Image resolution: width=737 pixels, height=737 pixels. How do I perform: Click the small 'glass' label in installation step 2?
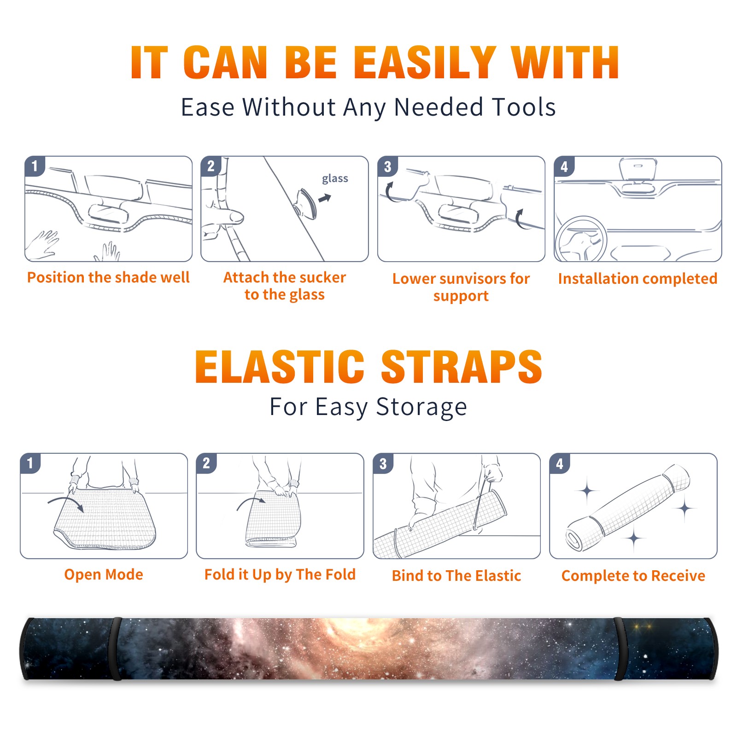(x=335, y=179)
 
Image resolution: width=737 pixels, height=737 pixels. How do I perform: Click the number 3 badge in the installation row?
(x=387, y=166)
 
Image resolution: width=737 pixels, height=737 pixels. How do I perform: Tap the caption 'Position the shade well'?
(x=108, y=277)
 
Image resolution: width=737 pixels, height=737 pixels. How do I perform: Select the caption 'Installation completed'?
(x=638, y=278)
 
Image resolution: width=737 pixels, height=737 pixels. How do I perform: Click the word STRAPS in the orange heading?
(x=462, y=367)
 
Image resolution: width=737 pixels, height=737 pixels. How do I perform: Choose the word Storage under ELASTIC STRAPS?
(x=421, y=407)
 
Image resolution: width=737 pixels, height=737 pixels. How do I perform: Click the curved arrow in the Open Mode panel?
(x=66, y=503)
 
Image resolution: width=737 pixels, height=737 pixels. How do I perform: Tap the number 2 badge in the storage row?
(x=206, y=463)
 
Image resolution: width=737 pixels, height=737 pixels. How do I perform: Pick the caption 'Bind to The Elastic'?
(x=456, y=575)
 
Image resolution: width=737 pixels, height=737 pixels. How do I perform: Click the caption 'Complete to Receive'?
(x=633, y=575)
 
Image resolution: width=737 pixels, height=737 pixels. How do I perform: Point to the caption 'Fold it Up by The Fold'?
(x=280, y=574)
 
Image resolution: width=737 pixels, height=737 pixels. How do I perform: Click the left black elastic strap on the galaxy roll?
(x=117, y=649)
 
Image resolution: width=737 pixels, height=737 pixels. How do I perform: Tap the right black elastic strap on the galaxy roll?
(x=620, y=649)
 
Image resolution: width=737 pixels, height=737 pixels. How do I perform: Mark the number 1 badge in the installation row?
(x=35, y=166)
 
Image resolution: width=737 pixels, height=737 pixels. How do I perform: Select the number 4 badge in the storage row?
(x=560, y=463)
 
